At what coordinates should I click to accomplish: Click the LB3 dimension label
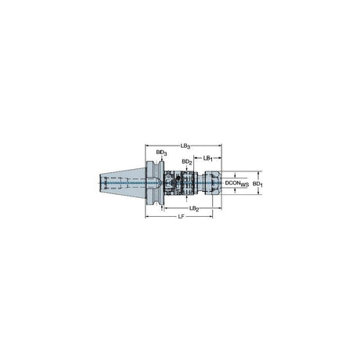[x=185, y=146]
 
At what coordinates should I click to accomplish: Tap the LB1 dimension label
[x=208, y=158]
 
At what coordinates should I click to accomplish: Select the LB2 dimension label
[x=194, y=208]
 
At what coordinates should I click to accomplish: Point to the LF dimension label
[x=181, y=217]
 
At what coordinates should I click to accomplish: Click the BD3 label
[x=161, y=153]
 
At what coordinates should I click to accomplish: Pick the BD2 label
[x=187, y=162]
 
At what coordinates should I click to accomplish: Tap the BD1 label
[x=257, y=184]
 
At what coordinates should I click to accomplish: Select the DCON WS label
[x=237, y=183]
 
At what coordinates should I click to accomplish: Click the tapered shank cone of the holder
[x=122, y=183]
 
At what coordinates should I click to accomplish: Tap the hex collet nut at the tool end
[x=213, y=183]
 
